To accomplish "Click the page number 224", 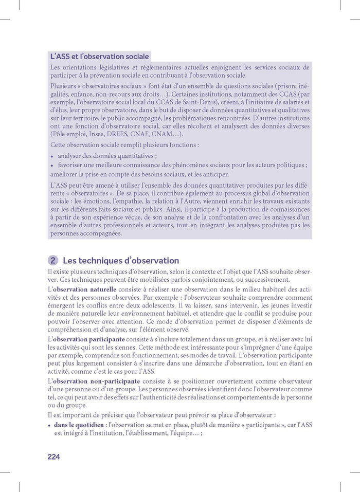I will coord(53,457).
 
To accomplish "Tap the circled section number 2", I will coord(52,261).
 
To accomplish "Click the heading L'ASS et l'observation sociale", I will coord(99,56).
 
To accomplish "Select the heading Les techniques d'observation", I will coord(121,261).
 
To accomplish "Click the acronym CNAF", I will coord(154,134).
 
